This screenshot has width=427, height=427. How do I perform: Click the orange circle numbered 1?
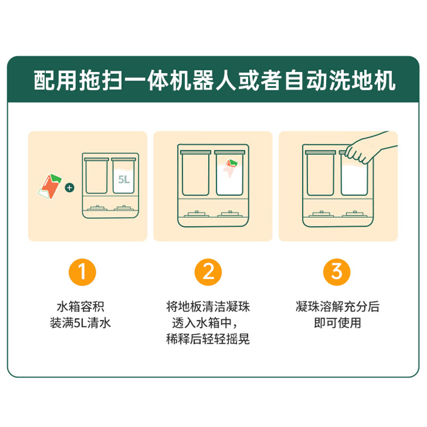click(83, 272)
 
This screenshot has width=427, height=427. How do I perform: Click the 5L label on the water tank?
click(124, 180)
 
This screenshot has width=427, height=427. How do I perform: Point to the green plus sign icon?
click(70, 188)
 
